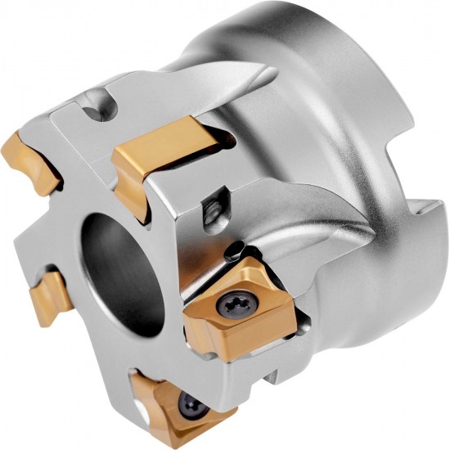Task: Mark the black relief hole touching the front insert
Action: click(236, 246)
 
